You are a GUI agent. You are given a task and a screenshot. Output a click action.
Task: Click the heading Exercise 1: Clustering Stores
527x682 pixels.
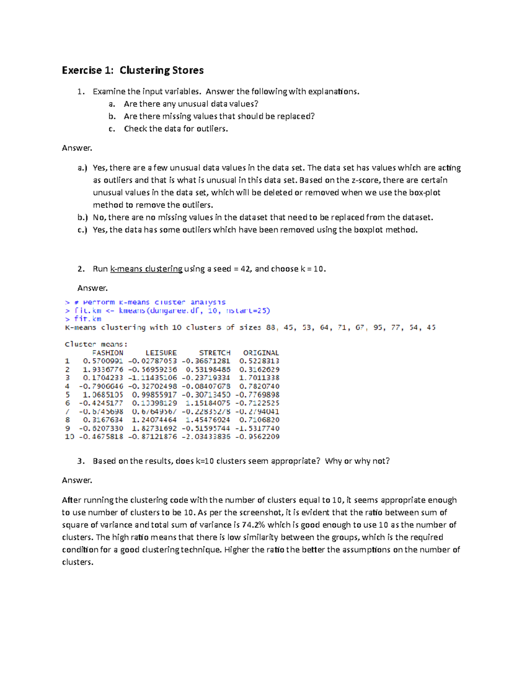(x=133, y=70)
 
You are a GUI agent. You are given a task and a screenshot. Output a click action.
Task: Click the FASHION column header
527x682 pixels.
(x=108, y=353)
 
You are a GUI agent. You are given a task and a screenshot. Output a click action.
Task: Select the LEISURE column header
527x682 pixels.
(x=161, y=353)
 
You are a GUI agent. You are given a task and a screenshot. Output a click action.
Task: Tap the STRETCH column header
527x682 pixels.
(x=215, y=353)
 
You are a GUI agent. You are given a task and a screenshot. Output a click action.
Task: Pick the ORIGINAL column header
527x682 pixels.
(x=261, y=353)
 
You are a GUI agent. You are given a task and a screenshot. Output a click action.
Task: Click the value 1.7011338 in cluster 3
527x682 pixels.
(x=259, y=378)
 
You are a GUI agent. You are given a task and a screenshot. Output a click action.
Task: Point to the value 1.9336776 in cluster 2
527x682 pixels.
(x=103, y=369)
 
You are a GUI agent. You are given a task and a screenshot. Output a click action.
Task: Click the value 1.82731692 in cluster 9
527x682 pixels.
(x=155, y=428)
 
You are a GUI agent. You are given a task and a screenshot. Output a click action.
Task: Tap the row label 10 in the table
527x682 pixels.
(x=69, y=437)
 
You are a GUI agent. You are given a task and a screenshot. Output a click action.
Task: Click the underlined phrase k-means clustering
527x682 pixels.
(x=146, y=269)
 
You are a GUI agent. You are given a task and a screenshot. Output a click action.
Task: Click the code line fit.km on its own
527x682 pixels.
(x=87, y=319)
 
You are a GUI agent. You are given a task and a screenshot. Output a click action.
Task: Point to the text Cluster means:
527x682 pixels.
(x=96, y=344)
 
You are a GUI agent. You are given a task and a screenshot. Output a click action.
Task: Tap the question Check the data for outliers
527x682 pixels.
(x=176, y=129)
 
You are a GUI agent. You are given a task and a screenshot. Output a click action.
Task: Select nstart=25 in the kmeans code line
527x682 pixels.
(x=248, y=310)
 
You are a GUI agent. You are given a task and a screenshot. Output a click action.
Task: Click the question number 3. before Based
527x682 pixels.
(x=80, y=461)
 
